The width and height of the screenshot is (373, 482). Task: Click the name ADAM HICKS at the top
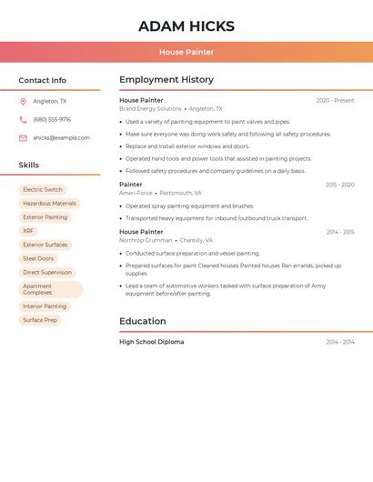click(186, 26)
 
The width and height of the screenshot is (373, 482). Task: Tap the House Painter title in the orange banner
click(186, 52)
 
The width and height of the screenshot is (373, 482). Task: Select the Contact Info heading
click(43, 80)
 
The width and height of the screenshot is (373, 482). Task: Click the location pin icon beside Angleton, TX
click(23, 101)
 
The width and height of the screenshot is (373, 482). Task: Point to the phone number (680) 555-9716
click(52, 119)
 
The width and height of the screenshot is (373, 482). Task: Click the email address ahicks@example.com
click(61, 137)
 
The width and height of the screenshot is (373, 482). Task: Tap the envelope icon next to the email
click(23, 138)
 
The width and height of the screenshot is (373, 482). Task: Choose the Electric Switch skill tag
click(43, 190)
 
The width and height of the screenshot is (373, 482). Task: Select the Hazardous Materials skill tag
click(49, 204)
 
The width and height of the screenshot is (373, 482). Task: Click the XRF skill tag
click(28, 231)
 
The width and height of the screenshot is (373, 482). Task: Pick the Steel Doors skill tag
click(38, 258)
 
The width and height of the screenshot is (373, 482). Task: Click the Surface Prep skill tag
click(40, 320)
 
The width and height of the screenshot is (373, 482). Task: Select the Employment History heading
click(166, 80)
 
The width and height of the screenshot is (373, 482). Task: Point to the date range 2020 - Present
click(335, 100)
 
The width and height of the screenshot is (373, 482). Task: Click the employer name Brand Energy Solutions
click(150, 108)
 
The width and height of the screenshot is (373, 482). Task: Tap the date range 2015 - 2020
click(339, 185)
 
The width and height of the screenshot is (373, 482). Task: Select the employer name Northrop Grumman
click(146, 240)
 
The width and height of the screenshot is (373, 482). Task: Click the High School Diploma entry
click(151, 342)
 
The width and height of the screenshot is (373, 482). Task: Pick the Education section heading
click(143, 321)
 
